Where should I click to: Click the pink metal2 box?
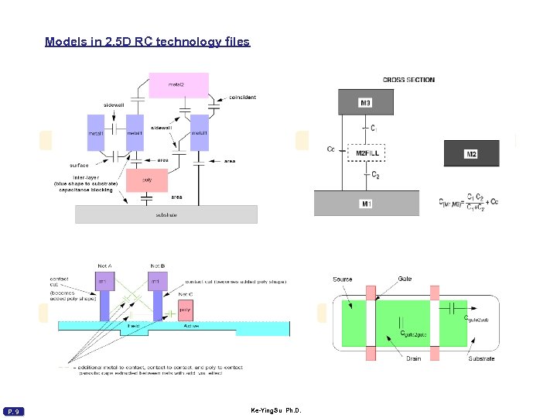(x=179, y=85)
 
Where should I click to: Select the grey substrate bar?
(x=166, y=214)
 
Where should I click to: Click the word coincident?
(x=242, y=98)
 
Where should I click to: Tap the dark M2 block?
(x=471, y=154)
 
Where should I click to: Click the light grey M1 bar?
(x=366, y=203)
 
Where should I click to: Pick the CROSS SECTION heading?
(x=408, y=80)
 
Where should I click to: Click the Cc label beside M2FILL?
(x=331, y=149)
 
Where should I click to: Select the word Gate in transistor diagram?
(x=405, y=279)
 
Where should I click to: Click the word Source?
(x=343, y=279)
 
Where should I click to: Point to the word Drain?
(x=414, y=358)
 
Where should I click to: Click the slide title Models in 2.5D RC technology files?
(x=147, y=42)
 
